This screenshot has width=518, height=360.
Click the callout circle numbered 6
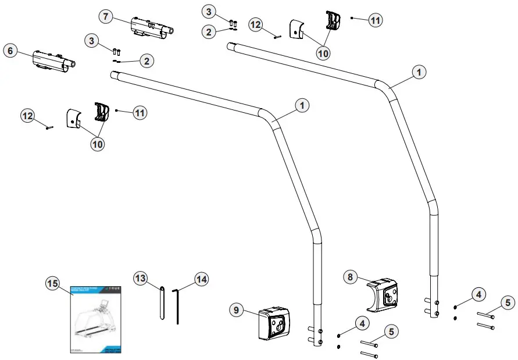[10, 51]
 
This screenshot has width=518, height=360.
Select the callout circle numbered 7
[105, 16]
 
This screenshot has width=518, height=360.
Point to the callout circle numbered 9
[236, 310]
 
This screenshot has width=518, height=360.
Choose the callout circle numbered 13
[140, 280]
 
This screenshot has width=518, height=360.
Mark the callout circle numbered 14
[201, 280]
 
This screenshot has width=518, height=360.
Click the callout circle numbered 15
[52, 283]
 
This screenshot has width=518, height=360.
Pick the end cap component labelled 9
[273, 323]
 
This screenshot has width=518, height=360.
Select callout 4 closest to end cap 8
[478, 295]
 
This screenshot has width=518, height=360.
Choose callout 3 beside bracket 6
[91, 40]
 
